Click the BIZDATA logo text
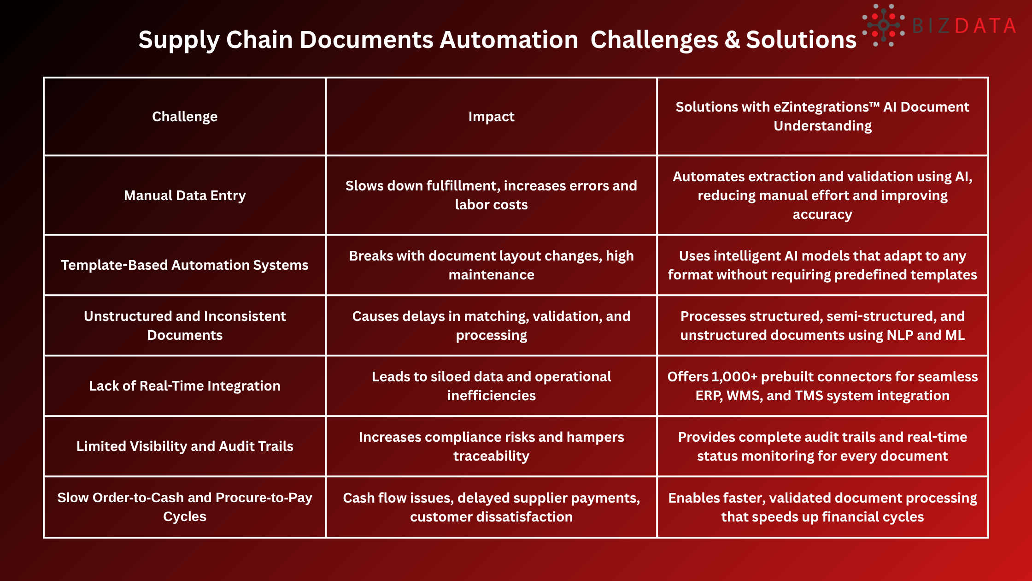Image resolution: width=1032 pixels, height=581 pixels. pos(964,26)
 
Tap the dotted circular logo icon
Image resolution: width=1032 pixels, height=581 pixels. pos(883,25)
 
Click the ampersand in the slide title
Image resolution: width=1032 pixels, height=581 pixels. pos(732,40)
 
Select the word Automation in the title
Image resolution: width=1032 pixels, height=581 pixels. pos(509,40)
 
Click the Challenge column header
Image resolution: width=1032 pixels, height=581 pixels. pos(185,117)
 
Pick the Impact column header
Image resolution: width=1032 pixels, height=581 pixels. pos(491,117)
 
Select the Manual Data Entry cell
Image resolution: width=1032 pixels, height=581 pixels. pos(185,196)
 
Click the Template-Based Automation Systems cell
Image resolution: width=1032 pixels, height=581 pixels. pos(185,265)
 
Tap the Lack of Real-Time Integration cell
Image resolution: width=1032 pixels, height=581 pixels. pos(185,386)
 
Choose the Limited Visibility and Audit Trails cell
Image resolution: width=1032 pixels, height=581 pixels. pos(185,446)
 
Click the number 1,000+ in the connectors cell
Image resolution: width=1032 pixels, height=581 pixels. pos(734,377)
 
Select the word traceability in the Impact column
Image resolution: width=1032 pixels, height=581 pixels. pos(491,456)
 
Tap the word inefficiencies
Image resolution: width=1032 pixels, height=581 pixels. pos(491,396)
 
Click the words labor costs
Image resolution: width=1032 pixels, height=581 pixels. pos(491,205)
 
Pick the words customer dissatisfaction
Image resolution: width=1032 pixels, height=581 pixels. pos(491,517)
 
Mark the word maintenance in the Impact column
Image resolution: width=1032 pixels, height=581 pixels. pos(491,275)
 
